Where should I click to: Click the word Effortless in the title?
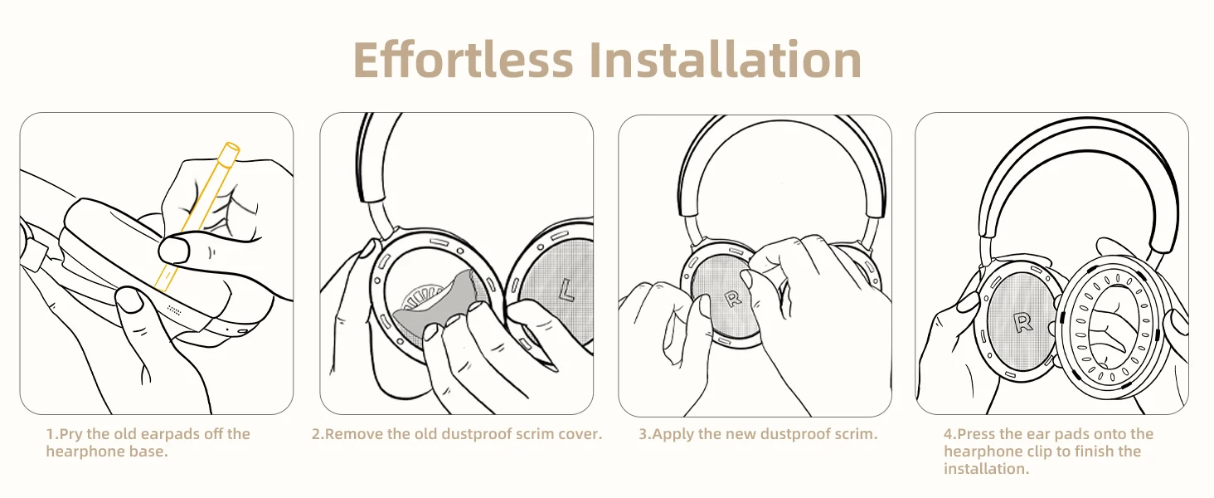pyautogui.click(x=464, y=60)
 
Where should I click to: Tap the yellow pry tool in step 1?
pyautogui.click(x=197, y=217)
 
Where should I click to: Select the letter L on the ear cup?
pyautogui.click(x=566, y=290)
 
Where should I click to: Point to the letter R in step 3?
pyautogui.click(x=733, y=299)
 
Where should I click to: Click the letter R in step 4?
pyautogui.click(x=1022, y=323)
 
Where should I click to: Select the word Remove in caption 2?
pyautogui.click(x=354, y=434)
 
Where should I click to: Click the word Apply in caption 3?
pyautogui.click(x=673, y=435)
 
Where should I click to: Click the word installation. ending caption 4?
pyautogui.click(x=987, y=469)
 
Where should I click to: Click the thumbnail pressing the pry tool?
pyautogui.click(x=174, y=250)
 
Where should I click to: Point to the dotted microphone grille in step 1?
pyautogui.click(x=173, y=310)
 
